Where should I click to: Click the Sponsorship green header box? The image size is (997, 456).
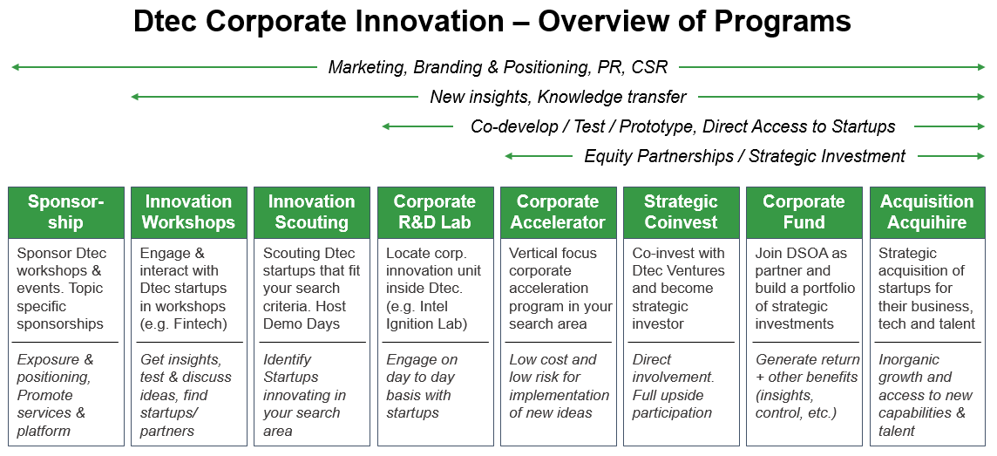[66, 212]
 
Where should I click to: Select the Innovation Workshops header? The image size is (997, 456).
[189, 212]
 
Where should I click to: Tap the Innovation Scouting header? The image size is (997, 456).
[312, 212]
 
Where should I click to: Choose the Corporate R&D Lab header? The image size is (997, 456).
[435, 212]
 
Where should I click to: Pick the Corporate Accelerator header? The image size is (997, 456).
[559, 212]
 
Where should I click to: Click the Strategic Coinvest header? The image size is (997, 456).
[681, 212]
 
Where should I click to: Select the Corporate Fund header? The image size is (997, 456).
[804, 212]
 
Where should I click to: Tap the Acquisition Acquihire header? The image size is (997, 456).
[927, 212]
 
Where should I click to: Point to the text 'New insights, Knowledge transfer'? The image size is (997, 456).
[559, 97]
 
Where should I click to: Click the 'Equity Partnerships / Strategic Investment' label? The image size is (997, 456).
[745, 156]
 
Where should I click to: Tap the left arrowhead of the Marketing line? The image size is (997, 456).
[16, 67]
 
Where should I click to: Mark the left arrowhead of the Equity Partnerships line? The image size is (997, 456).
[509, 156]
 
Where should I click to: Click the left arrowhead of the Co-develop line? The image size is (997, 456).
[386, 126]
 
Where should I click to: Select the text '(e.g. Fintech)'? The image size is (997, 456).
[183, 323]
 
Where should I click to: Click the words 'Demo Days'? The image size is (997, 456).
[302, 323]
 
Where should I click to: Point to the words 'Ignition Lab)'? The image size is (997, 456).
[427, 323]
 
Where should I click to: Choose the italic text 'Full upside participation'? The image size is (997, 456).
[672, 404]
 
